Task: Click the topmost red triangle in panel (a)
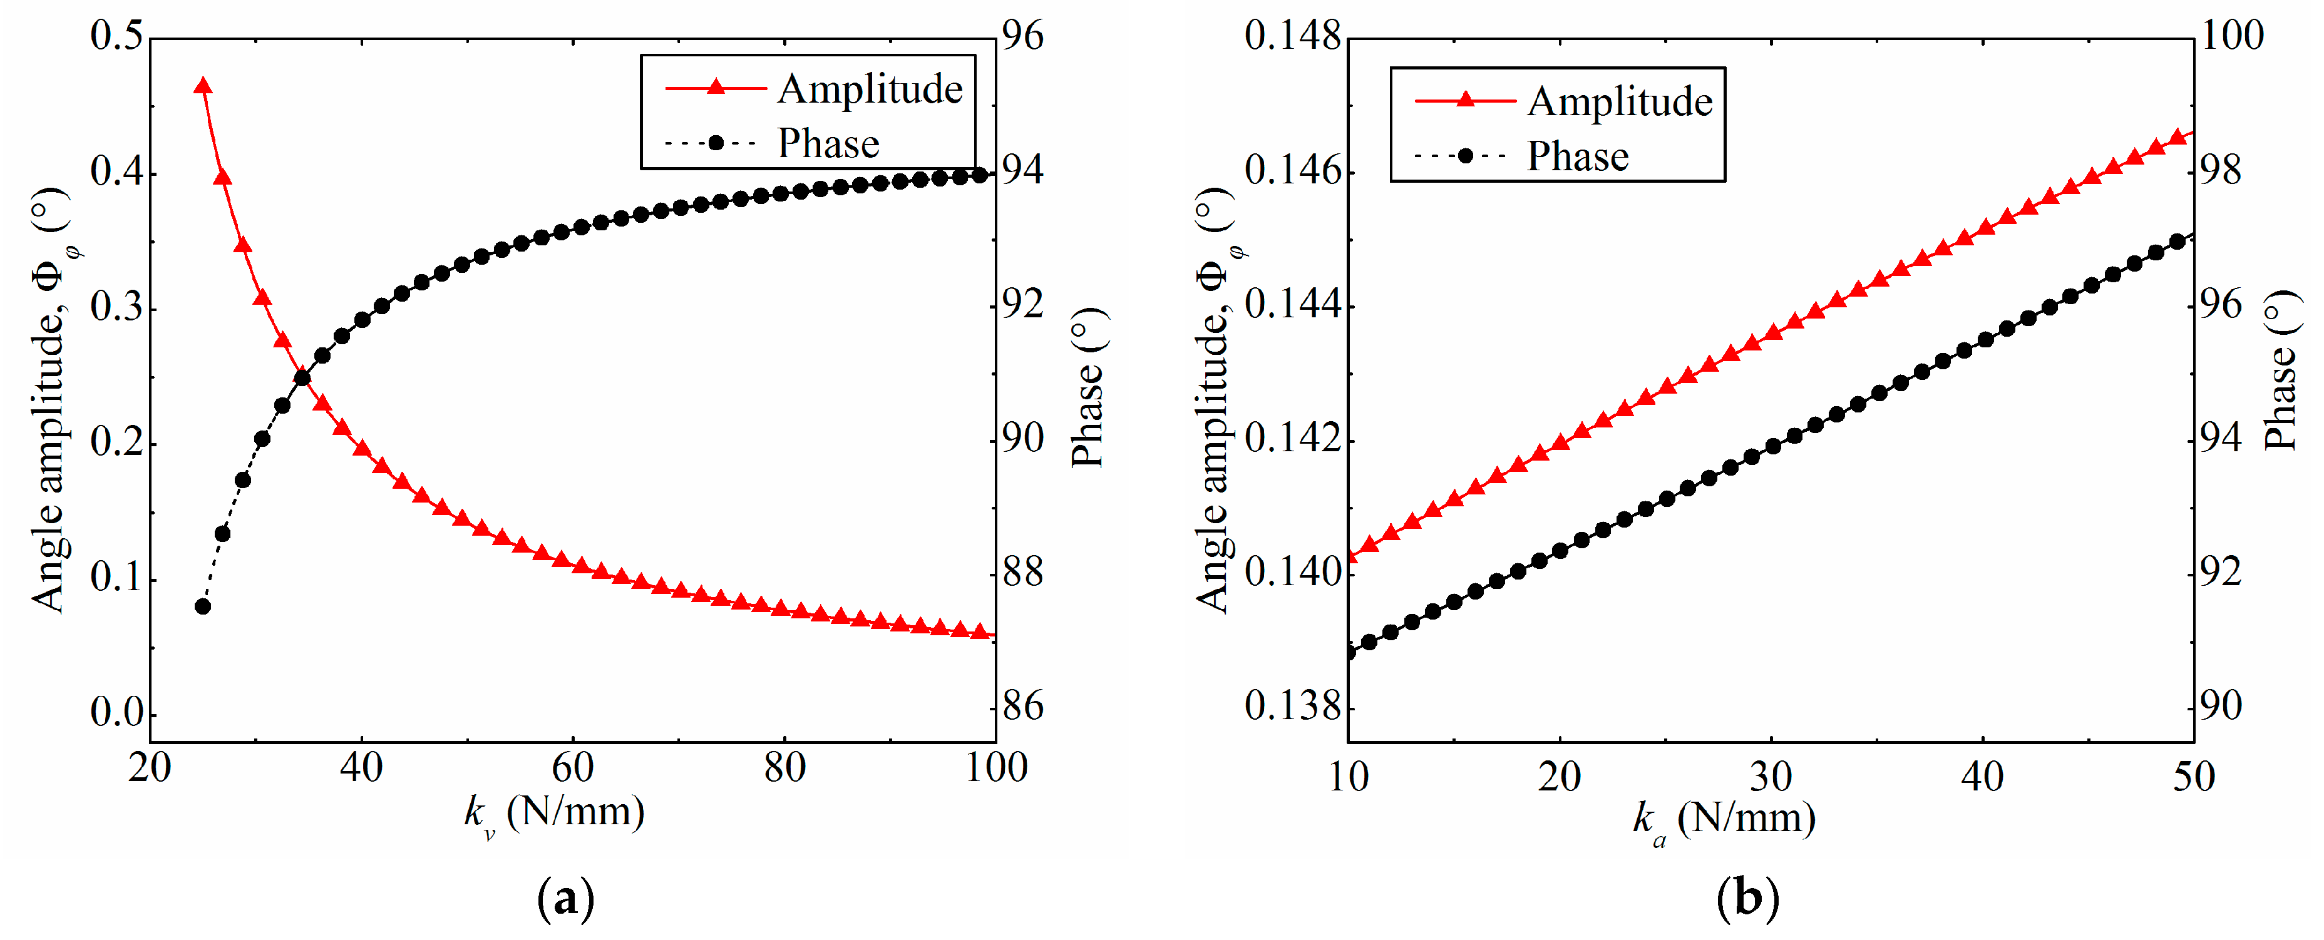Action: (203, 86)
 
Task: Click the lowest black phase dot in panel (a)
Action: (203, 606)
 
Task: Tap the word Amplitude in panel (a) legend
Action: (870, 89)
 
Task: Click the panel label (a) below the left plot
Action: (566, 899)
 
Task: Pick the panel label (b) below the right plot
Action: (1747, 899)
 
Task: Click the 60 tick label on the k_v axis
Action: (573, 768)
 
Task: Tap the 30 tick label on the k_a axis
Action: (1771, 776)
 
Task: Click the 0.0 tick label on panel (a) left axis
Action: (117, 713)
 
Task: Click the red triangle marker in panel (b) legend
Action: (1465, 100)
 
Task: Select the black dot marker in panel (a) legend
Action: (716, 143)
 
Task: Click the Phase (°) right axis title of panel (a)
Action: (1088, 388)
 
